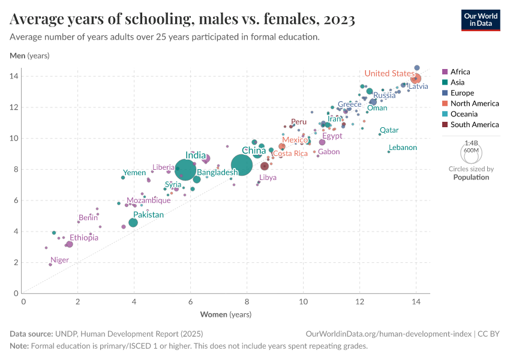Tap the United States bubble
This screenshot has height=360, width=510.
pyautogui.click(x=415, y=79)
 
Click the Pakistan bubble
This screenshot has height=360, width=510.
pyautogui.click(x=133, y=223)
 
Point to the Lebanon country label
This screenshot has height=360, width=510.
pyautogui.click(x=403, y=148)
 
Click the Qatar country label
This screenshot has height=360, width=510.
pyautogui.click(x=389, y=130)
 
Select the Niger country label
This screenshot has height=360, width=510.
pyautogui.click(x=60, y=260)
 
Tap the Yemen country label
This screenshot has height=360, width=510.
pyautogui.click(x=134, y=173)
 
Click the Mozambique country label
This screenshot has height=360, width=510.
pyautogui.click(x=148, y=200)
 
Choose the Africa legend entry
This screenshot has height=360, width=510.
pyautogui.click(x=460, y=72)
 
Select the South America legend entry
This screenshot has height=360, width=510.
pyautogui.click(x=474, y=125)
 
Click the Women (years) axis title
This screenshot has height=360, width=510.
pyautogui.click(x=226, y=314)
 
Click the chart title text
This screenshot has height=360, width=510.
pyautogui.click(x=182, y=20)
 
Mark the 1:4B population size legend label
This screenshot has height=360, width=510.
pyautogui.click(x=471, y=143)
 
